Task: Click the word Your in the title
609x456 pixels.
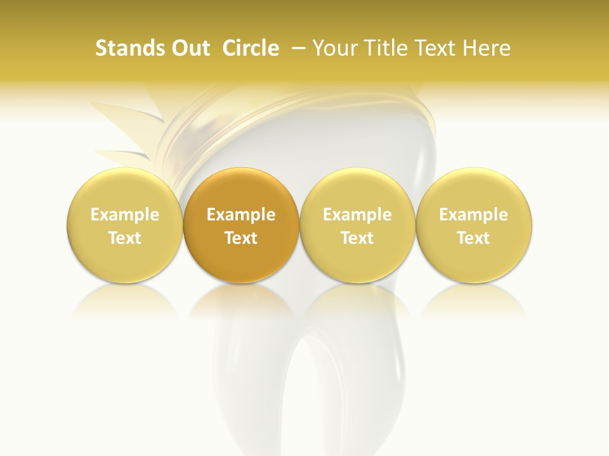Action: (x=334, y=48)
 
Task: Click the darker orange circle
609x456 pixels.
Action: (x=241, y=225)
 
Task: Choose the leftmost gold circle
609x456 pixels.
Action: (x=125, y=225)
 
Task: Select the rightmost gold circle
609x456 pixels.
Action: (x=473, y=225)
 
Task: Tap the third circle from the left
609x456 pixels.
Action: (x=357, y=225)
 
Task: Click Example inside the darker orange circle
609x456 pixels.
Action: (x=241, y=215)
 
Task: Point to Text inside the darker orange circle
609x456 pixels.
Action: (x=241, y=238)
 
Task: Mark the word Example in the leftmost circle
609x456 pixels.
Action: (x=125, y=215)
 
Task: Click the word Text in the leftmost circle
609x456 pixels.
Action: (x=125, y=238)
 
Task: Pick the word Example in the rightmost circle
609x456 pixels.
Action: (x=473, y=215)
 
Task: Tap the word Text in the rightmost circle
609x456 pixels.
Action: (x=473, y=238)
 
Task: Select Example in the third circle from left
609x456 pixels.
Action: (x=357, y=215)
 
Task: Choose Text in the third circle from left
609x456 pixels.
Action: (x=357, y=238)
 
